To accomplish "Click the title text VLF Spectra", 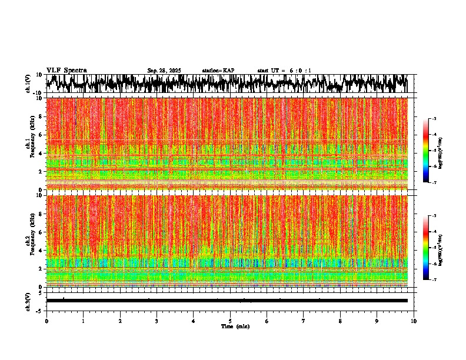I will (x=66, y=70).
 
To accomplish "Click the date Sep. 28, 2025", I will (x=164, y=71).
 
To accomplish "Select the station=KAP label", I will (x=218, y=71).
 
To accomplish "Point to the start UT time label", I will (x=284, y=71).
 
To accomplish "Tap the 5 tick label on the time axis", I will (x=230, y=321).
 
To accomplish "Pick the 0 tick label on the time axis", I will (x=46, y=321).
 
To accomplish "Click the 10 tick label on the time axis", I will (x=414, y=321).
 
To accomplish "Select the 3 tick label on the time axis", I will (x=157, y=321).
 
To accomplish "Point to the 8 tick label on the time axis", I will (x=340, y=321).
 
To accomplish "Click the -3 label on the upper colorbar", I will (x=434, y=119).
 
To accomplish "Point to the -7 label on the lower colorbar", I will (x=434, y=280).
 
